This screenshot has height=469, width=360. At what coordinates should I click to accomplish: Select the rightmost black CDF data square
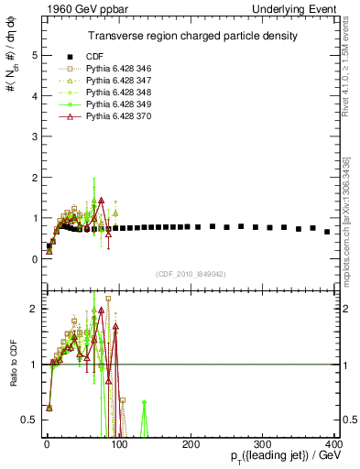pyautogui.click(x=327, y=232)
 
